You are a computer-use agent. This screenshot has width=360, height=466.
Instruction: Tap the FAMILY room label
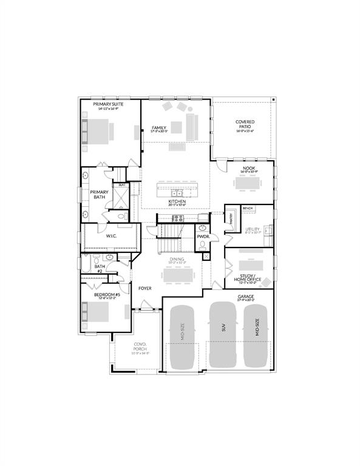click(159, 128)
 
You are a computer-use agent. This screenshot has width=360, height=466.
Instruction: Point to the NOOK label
click(249, 168)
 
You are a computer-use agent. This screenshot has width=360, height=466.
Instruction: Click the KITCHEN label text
click(177, 201)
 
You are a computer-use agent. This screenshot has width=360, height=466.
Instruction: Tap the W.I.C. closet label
click(111, 236)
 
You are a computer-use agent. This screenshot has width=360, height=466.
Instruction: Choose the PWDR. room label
click(202, 236)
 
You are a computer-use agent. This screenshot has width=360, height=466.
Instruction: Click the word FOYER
click(144, 288)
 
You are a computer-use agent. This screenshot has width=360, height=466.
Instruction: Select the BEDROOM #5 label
click(107, 294)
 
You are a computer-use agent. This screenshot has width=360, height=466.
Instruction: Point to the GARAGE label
click(246, 296)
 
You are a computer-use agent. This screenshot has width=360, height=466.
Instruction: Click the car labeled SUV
click(222, 334)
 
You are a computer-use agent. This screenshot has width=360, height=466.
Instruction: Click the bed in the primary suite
click(97, 132)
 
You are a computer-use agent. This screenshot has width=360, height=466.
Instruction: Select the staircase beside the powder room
click(171, 237)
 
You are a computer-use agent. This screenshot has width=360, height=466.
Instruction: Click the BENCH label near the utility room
click(247, 209)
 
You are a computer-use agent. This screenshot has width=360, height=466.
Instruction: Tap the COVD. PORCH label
click(141, 348)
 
